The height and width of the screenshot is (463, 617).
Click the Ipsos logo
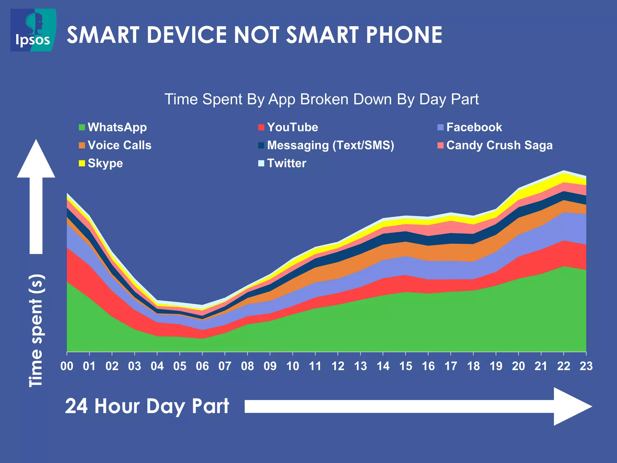(x=33, y=30)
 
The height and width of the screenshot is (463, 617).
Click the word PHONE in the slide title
(x=404, y=35)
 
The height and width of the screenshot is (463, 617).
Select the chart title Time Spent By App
(x=321, y=99)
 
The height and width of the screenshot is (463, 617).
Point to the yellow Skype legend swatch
(x=82, y=163)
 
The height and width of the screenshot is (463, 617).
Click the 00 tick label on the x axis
(x=67, y=366)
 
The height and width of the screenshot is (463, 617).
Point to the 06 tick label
(x=202, y=366)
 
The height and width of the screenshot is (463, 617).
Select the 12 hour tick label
(x=338, y=366)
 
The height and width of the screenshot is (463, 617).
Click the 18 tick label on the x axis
(x=473, y=366)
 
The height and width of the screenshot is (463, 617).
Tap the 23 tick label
(x=586, y=366)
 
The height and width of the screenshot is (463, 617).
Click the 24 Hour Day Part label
(x=147, y=406)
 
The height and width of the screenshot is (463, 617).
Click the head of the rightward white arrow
(x=571, y=406)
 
